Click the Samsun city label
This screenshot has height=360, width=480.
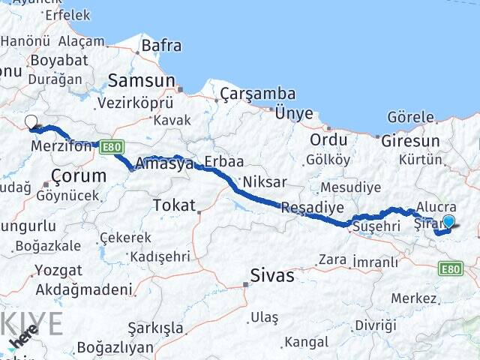coord(141,80)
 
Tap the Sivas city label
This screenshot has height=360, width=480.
coord(273,275)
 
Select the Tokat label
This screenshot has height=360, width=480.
coord(173,205)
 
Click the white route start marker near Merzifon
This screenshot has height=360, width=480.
coord(31,122)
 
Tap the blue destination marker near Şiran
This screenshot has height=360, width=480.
coord(448,221)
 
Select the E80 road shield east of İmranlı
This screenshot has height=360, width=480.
coord(451,268)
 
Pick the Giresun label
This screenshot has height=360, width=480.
coord(410,141)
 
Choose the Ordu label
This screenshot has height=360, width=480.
coord(328,139)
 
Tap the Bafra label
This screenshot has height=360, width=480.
coord(161,46)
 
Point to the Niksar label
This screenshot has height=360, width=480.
coord(263,182)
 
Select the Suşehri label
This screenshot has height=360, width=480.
coord(373,226)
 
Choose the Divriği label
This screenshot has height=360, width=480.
coord(375,325)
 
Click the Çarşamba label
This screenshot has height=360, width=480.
coord(257,94)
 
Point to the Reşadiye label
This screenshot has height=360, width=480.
coord(313,207)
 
